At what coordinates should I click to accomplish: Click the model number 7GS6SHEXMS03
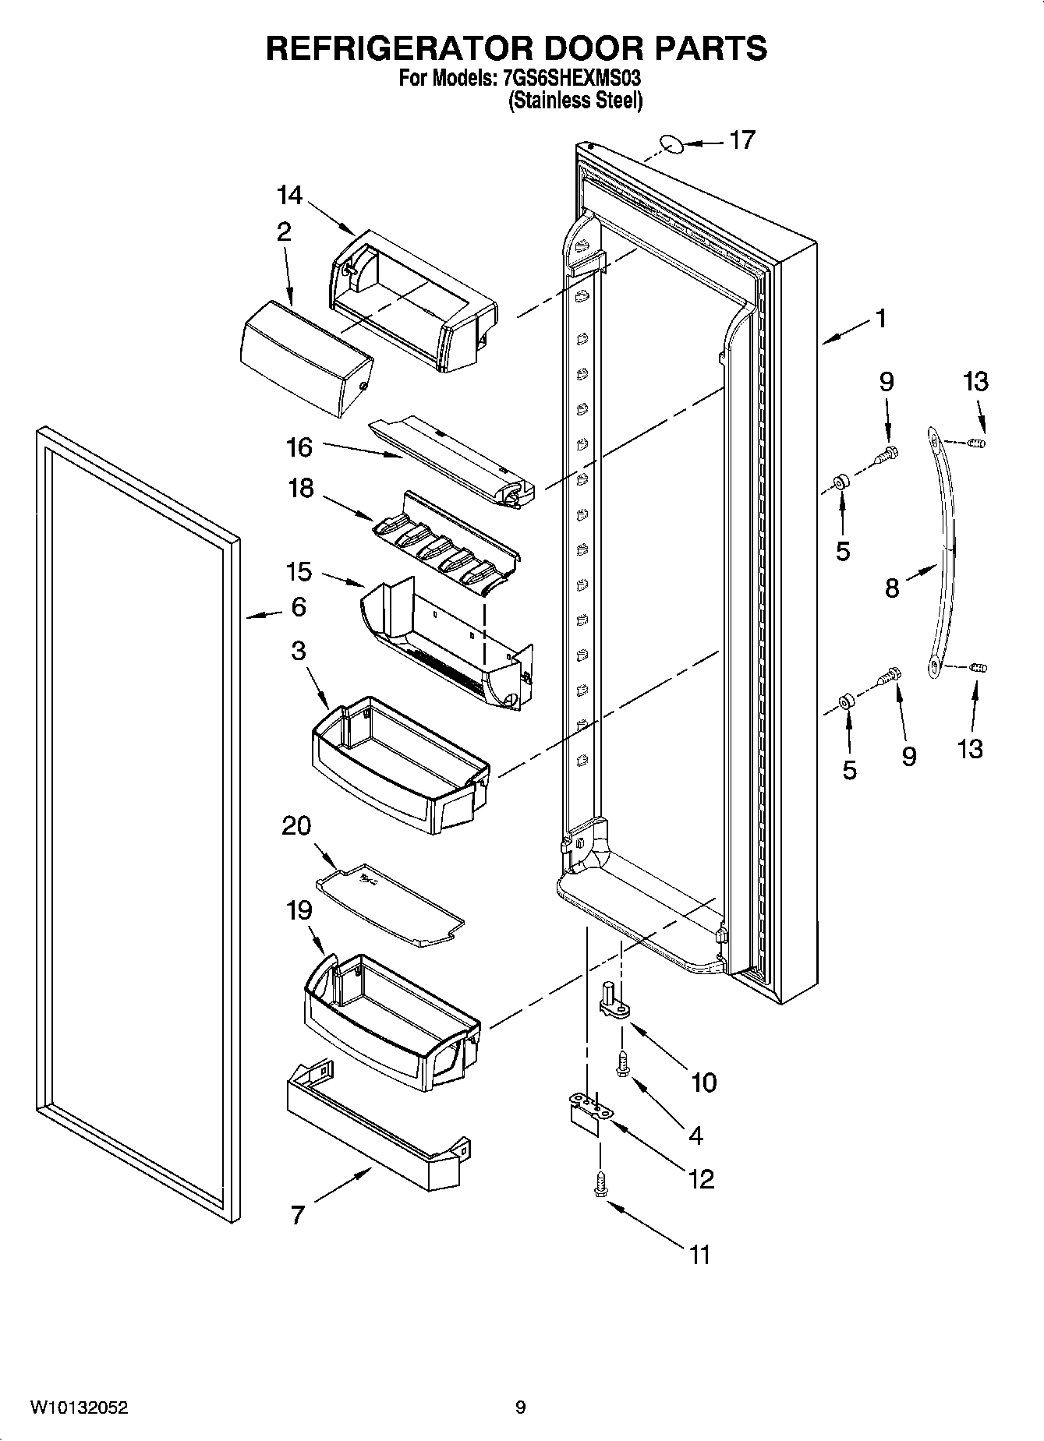[568, 79]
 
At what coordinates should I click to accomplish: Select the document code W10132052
[78, 1407]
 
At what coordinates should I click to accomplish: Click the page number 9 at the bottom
[520, 1407]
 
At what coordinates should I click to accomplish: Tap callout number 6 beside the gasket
[299, 607]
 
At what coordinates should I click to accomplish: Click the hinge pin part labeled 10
[613, 998]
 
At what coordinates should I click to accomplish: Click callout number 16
[299, 447]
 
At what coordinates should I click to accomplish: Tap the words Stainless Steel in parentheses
[576, 101]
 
